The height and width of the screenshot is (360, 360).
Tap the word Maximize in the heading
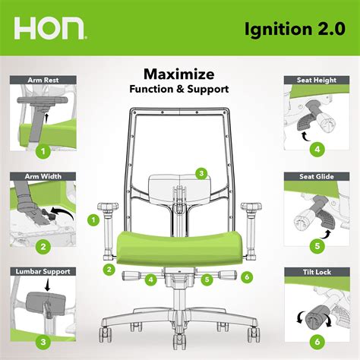[179, 74]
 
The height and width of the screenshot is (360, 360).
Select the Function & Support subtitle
[179, 90]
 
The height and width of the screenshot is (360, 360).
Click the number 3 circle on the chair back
[201, 173]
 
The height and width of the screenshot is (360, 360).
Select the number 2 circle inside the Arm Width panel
[43, 246]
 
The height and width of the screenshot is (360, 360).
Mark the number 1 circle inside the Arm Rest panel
[43, 150]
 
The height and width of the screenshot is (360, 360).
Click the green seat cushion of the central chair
[179, 245]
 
